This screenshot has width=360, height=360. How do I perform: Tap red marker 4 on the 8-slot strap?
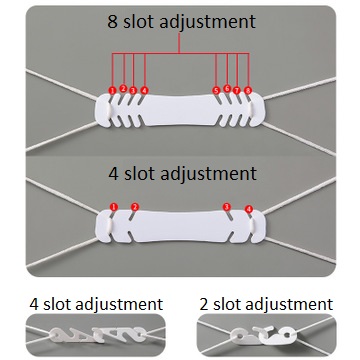[145, 90]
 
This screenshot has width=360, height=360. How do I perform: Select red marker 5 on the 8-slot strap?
[217, 90]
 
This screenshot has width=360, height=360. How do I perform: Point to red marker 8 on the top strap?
[249, 91]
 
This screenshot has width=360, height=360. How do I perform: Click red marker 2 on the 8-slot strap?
[123, 89]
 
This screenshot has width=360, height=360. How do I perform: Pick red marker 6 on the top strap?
[228, 88]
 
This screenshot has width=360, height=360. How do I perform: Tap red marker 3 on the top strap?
[133, 89]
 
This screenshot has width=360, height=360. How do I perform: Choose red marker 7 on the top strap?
[238, 89]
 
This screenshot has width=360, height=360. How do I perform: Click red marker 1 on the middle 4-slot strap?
[113, 207]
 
